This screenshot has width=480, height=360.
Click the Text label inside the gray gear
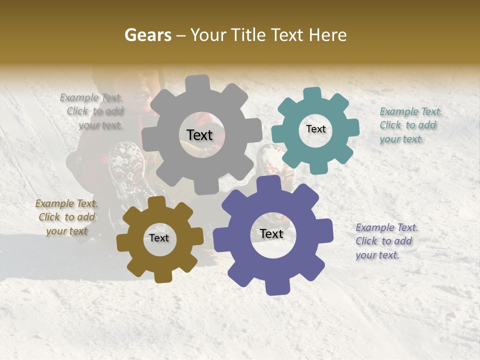tap(199, 135)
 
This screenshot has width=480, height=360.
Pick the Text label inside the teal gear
tap(315, 129)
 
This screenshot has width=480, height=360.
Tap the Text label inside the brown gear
tap(159, 238)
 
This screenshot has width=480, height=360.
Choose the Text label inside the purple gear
tap(271, 234)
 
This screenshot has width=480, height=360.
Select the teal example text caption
tap(410, 125)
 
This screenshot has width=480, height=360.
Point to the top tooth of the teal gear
tap(312, 93)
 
